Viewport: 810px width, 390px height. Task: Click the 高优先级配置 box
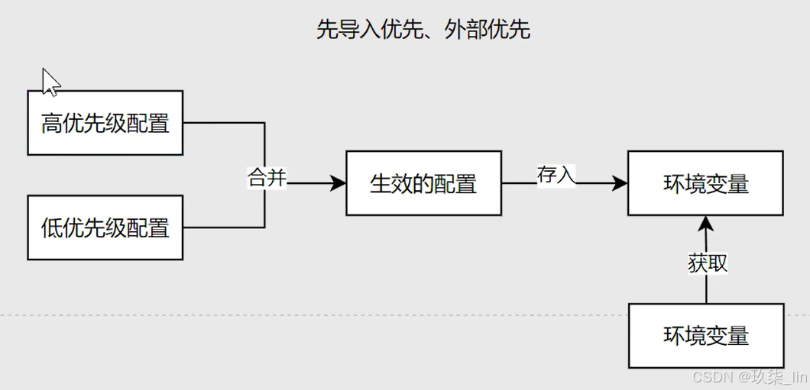pyautogui.click(x=105, y=123)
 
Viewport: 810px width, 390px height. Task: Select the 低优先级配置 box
pyautogui.click(x=105, y=227)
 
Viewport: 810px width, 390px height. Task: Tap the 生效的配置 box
pyautogui.click(x=423, y=183)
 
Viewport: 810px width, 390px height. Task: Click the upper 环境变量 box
pyautogui.click(x=705, y=183)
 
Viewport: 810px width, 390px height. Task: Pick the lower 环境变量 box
pyautogui.click(x=705, y=336)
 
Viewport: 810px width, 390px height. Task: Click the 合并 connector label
pyautogui.click(x=267, y=179)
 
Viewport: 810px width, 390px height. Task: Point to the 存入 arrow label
pyautogui.click(x=556, y=175)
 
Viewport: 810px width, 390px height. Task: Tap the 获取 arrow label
pyautogui.click(x=707, y=264)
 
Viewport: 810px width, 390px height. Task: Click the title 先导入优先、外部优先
pyautogui.click(x=423, y=30)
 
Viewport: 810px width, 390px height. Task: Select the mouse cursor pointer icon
pyautogui.click(x=50, y=82)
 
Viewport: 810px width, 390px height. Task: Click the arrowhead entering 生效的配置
pyautogui.click(x=338, y=183)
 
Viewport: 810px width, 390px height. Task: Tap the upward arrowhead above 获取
pyautogui.click(x=706, y=224)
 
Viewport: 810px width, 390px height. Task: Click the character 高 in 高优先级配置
pyautogui.click(x=51, y=123)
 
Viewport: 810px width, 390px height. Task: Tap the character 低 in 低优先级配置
pyautogui.click(x=51, y=227)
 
